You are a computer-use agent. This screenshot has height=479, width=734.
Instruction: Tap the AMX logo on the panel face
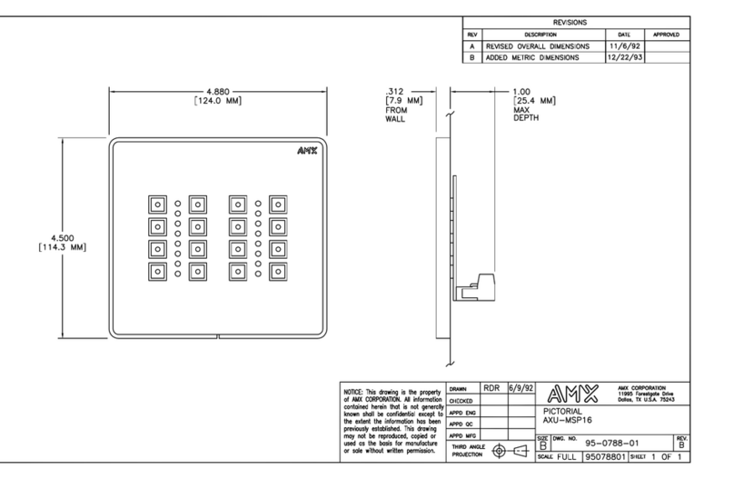308,152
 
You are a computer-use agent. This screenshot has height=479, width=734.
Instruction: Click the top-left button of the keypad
156,204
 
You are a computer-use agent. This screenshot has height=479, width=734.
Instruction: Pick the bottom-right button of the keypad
277,270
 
